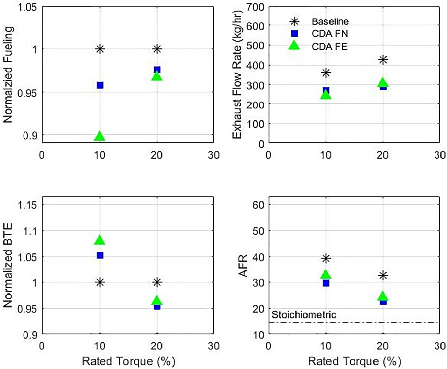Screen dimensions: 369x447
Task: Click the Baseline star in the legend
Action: (294, 21)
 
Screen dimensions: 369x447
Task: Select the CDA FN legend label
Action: (329, 34)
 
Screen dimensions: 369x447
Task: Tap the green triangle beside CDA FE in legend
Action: (294, 45)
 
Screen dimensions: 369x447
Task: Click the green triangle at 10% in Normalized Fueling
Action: (100, 137)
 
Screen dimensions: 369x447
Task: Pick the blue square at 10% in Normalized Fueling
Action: (100, 85)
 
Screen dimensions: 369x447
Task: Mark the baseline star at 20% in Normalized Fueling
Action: (157, 49)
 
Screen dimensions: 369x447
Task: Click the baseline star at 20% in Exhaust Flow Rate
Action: (383, 60)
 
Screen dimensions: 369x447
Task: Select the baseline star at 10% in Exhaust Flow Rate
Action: (326, 73)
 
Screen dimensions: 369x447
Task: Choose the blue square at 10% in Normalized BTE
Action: (100, 255)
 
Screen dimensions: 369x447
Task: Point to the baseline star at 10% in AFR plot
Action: (326, 258)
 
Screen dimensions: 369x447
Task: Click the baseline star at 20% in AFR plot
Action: (383, 275)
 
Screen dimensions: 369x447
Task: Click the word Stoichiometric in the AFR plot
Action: (304, 314)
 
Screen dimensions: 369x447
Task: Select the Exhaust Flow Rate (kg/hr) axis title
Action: (237, 74)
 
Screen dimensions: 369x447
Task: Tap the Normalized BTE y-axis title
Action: (8, 265)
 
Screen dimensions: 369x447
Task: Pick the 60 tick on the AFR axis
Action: (258, 205)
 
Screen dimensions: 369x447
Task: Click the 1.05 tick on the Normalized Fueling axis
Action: (27, 7)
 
